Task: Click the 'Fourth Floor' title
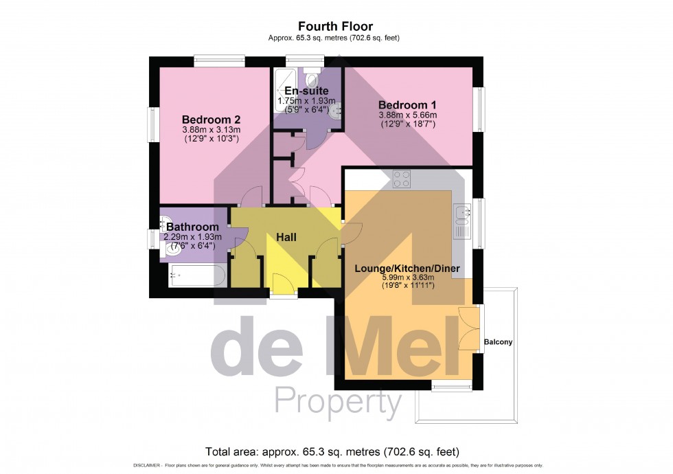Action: pos(336,27)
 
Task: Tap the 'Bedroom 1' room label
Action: pos(407,104)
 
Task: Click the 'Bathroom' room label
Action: pos(192,227)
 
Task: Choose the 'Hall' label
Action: pos(286,237)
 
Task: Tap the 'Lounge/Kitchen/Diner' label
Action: pos(407,269)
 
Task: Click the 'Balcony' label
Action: pos(498,341)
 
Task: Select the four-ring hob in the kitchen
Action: pos(402,179)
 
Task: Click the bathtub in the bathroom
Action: pos(197,275)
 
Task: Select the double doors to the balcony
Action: pos(467,328)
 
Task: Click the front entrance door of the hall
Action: pos(282,283)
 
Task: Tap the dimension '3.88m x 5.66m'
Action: pos(407,115)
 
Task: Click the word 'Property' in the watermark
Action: pos(338,402)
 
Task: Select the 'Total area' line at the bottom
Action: pos(332,451)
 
